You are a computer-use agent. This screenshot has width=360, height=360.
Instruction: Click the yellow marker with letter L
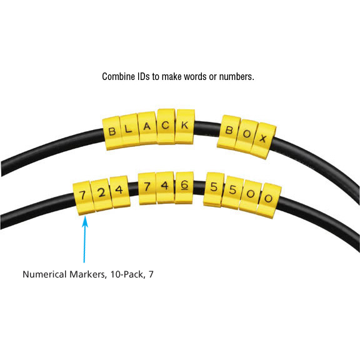(129, 130)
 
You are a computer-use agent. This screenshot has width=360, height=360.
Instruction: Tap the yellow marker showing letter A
(147, 127)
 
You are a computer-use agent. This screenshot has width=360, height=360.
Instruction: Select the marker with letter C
(166, 126)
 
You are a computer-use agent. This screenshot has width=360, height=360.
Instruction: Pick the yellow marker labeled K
(185, 126)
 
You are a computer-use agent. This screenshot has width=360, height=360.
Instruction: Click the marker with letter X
(263, 140)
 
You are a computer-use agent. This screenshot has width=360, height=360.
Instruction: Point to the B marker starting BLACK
(112, 133)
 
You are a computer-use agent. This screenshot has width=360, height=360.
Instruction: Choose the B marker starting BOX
(229, 132)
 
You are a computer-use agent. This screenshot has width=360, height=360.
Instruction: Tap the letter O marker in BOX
(246, 136)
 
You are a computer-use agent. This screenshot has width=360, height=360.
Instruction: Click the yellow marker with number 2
(101, 195)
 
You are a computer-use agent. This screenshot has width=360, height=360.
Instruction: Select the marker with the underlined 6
(184, 187)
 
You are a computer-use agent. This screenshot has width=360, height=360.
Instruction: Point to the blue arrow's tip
(85, 216)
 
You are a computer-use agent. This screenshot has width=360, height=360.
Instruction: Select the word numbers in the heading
(237, 77)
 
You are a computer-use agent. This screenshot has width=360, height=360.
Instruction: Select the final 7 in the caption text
(151, 274)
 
